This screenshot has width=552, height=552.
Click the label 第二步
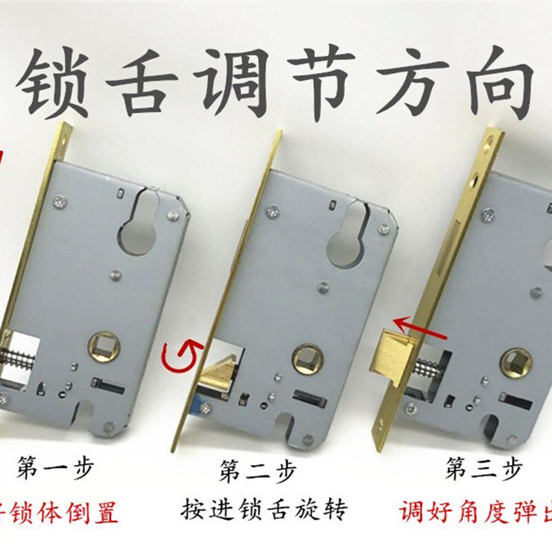click(257, 472)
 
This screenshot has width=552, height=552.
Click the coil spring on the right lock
click(428, 371)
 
